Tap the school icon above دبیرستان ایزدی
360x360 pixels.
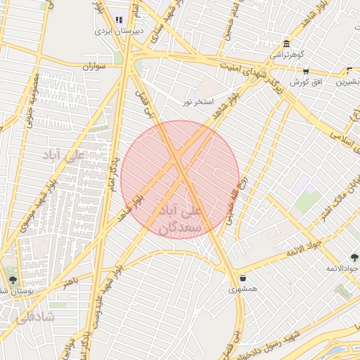(119, 20)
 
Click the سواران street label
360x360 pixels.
(94, 66)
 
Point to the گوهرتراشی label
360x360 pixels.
(287, 54)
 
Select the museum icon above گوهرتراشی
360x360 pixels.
(285, 43)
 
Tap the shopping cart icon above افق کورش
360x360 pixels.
(306, 71)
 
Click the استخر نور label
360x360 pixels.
(198, 102)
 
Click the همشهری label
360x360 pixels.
(243, 288)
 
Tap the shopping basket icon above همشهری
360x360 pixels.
(243, 278)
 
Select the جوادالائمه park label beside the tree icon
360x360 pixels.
(345, 269)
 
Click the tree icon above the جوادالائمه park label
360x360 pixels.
(354, 257)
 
